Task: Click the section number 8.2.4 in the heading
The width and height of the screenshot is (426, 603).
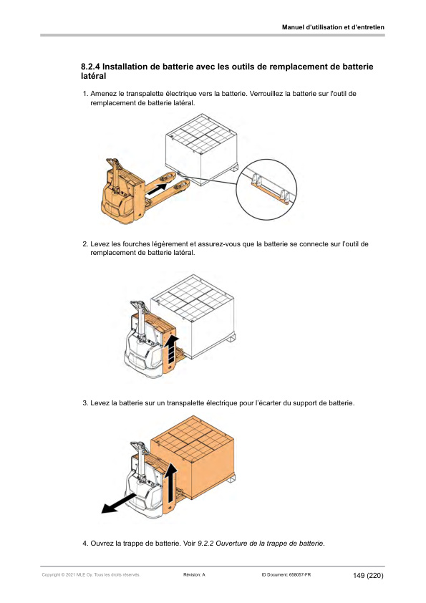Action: tap(90, 67)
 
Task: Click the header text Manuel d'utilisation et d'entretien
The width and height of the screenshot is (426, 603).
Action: tap(333, 27)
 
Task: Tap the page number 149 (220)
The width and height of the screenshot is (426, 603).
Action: tap(368, 576)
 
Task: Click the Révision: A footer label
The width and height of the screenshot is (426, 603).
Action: tap(194, 575)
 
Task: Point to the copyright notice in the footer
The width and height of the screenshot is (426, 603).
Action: tap(91, 575)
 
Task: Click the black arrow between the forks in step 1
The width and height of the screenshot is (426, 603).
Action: tap(158, 188)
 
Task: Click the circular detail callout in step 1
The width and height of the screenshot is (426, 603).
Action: tap(266, 189)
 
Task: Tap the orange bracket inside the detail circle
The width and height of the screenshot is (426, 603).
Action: tap(269, 193)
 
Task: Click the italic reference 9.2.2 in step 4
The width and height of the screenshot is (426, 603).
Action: tap(205, 544)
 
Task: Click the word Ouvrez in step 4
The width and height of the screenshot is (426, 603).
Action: tap(102, 544)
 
